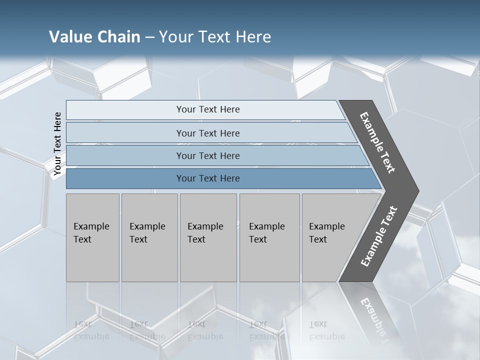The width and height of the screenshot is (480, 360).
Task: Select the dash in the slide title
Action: click(149, 37)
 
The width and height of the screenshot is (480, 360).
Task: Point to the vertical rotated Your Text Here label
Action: click(57, 144)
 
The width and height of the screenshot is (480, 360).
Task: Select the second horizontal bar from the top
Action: click(207, 133)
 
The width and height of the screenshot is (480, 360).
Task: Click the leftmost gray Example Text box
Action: click(92, 237)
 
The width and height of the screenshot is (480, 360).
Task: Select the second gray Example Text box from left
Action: click(149, 237)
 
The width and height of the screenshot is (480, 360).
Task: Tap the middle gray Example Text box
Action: click(208, 237)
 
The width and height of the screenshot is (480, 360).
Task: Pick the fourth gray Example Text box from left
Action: click(269, 237)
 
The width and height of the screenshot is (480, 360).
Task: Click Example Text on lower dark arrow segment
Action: click(379, 236)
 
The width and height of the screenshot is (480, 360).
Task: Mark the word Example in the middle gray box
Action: click(205, 226)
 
